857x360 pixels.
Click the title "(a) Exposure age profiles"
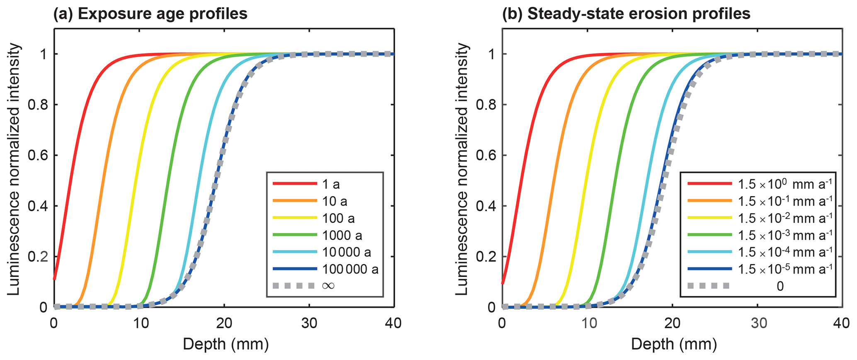pos(150,14)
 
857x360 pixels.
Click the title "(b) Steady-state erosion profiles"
pos(626,14)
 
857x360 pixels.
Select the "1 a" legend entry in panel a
pos(331,184)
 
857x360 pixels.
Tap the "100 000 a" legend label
pos(350,269)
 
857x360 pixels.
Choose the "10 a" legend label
pos(335,201)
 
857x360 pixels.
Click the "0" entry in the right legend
pos(780,286)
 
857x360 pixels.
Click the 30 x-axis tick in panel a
pos(309,323)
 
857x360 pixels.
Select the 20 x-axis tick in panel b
pos(672,323)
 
